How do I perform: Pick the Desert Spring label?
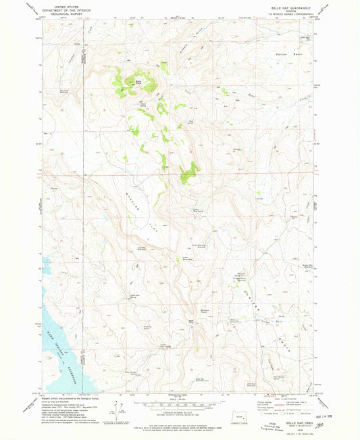[143, 103]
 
